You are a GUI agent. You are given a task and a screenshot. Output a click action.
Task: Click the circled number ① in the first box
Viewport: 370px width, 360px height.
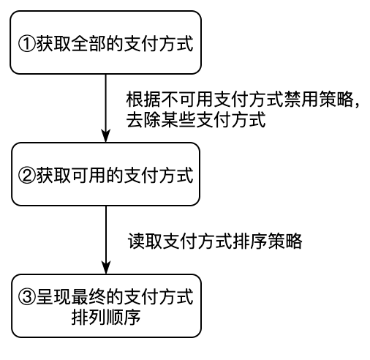(27, 44)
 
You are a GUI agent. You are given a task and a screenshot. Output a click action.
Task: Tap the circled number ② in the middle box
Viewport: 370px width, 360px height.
(27, 176)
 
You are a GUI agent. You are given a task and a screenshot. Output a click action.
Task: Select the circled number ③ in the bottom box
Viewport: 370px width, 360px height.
(27, 296)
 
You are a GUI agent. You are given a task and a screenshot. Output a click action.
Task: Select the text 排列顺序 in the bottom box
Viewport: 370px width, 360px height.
(106, 318)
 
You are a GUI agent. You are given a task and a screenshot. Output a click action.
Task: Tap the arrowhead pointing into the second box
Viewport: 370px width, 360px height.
(106, 136)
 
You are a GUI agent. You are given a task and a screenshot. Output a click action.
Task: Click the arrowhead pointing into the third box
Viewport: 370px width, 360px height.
(106, 268)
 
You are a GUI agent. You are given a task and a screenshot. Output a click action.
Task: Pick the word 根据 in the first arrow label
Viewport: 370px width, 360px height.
(143, 100)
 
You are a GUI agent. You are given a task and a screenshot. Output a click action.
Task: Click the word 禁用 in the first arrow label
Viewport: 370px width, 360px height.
(302, 100)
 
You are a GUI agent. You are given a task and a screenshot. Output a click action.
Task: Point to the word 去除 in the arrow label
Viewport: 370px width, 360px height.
(143, 120)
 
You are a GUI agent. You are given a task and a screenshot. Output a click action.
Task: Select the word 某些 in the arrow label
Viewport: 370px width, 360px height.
(178, 120)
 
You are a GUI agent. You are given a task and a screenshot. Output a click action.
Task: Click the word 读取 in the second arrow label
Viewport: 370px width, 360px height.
(146, 241)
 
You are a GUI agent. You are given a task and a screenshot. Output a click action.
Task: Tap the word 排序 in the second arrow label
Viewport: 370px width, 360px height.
(250, 241)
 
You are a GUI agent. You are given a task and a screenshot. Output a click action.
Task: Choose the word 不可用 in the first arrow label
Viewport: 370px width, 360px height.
(187, 100)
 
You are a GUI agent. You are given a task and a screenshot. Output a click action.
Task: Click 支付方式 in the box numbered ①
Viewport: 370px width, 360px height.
(159, 44)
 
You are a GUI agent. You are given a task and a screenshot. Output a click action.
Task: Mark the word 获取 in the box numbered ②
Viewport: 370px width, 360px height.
(53, 176)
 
